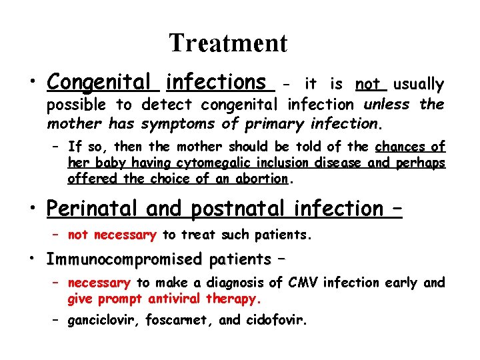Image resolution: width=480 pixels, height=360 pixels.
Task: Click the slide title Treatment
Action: (x=228, y=43)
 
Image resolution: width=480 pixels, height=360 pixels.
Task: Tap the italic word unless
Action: (x=388, y=105)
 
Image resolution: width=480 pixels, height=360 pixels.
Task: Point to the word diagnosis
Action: (x=249, y=283)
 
